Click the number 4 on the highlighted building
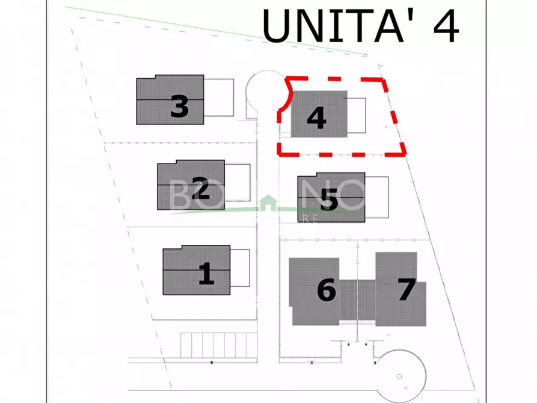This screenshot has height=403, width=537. [316, 118]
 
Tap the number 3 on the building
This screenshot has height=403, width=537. [179, 107]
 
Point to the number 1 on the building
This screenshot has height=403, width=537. [206, 274]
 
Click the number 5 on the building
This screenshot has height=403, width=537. [328, 200]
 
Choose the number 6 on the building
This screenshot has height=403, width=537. [326, 291]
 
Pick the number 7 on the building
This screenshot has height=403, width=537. [407, 290]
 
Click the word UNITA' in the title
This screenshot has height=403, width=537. [337, 25]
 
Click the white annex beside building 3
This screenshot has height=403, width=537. [218, 98]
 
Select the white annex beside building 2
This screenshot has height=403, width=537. [237, 183]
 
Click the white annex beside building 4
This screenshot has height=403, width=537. [356, 115]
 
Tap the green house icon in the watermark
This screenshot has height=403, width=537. [266, 203]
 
